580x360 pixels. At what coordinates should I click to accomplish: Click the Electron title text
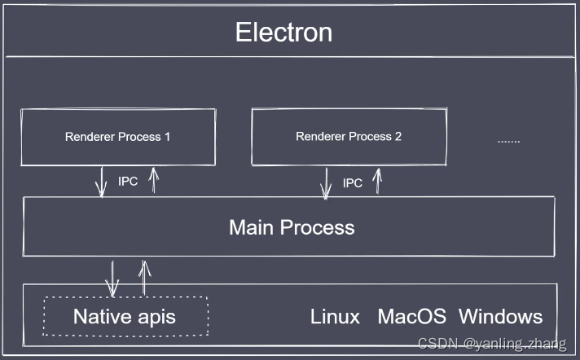[x=283, y=33]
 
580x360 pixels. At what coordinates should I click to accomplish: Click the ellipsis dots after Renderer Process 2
[x=508, y=142]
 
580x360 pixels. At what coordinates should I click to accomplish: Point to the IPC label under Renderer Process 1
[x=128, y=182]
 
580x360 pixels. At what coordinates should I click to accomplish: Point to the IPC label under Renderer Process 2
[x=353, y=182]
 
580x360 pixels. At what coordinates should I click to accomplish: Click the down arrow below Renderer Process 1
[x=101, y=182]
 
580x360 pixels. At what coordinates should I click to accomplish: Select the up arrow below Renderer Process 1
[x=154, y=180]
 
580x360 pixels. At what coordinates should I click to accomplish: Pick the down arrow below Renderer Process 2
[x=326, y=183]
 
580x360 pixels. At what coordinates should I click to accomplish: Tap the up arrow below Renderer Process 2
[x=377, y=182]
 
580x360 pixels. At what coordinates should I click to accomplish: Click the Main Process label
[x=292, y=227]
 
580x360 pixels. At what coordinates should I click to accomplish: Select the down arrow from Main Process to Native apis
[x=112, y=279]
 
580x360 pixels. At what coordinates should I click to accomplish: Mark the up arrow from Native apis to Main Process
[x=144, y=278]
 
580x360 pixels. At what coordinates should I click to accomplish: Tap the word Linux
[x=335, y=317]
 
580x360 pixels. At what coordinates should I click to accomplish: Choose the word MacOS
[x=411, y=317]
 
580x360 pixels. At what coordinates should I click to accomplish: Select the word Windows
[x=501, y=317]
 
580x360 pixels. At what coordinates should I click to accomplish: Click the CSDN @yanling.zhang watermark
[x=492, y=344]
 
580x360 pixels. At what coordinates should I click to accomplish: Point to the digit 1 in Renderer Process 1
[x=168, y=137]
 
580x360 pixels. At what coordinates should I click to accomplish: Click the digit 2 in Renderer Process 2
[x=398, y=137]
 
